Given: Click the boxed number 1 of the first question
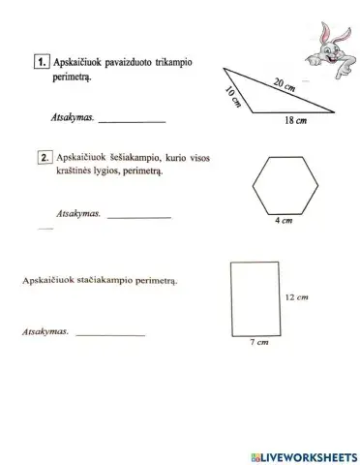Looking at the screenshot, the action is pos(41,61).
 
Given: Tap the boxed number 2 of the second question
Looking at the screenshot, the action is pos(45,155).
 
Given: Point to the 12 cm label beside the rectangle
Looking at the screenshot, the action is pos(295,297).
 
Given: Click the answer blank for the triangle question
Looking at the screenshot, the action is pos(132,120).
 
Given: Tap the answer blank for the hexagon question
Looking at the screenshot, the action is pos(138,215).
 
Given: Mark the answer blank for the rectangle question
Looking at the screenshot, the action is pos(109,334).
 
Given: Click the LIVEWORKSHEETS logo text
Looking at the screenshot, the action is pos(305,453).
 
